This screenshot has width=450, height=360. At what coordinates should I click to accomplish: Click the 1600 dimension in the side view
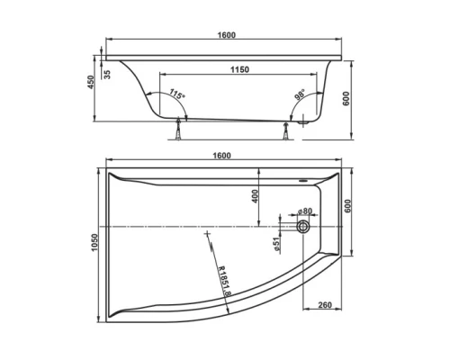tap(226, 35)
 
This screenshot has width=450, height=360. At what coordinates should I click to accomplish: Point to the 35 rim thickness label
tap(107, 74)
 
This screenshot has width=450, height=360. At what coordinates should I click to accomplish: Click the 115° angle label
tap(176, 95)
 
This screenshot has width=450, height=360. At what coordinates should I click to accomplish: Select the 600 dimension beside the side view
tap(346, 99)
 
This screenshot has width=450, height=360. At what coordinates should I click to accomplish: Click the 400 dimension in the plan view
tap(256, 195)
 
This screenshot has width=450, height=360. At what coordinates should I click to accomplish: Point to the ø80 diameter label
tap(301, 212)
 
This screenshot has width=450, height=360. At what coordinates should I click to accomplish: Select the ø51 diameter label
tap(279, 241)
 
